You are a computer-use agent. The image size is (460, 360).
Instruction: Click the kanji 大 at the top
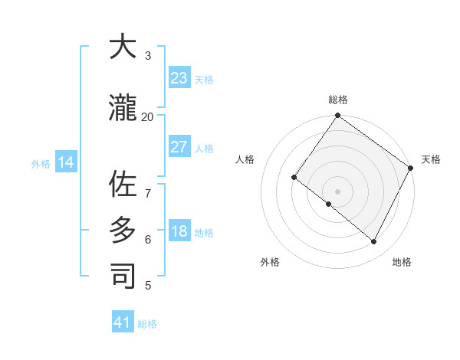point(123,48)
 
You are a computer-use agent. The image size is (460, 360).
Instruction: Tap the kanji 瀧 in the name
point(123,109)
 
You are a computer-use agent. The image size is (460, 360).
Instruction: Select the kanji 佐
point(123,184)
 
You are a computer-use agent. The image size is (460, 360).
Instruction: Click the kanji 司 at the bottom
point(123,277)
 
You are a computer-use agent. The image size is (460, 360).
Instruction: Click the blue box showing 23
point(179,78)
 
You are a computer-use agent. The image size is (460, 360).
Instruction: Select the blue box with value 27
point(179,147)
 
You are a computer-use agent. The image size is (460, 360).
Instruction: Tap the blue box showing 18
point(179,232)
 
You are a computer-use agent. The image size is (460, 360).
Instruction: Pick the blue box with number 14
point(66,162)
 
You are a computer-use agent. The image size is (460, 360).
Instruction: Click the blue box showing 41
point(123,322)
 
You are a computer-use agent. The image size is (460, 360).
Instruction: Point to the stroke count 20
point(147,116)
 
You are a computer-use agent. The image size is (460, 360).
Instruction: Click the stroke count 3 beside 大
point(147,56)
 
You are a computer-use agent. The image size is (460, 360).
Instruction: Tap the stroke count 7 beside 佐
point(147,185)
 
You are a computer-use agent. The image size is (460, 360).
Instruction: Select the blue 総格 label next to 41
point(147,324)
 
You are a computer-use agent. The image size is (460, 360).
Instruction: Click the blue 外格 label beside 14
point(41,164)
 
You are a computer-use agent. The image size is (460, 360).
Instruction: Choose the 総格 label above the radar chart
point(337,100)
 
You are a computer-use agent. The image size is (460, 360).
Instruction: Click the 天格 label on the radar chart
point(431,159)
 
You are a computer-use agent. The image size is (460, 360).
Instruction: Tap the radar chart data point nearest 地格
point(374,242)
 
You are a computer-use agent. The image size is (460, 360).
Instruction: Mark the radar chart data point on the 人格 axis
point(294,177)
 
